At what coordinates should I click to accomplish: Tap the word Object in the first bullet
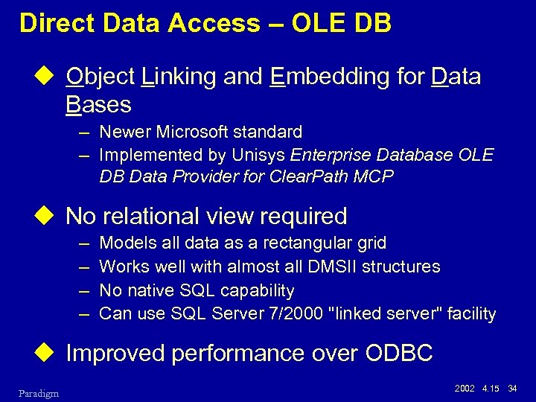point(99,77)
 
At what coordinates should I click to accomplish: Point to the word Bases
point(98,104)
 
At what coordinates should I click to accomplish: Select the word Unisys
point(261,155)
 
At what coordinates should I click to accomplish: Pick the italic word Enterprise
point(330,155)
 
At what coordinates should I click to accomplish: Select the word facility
point(470,313)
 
